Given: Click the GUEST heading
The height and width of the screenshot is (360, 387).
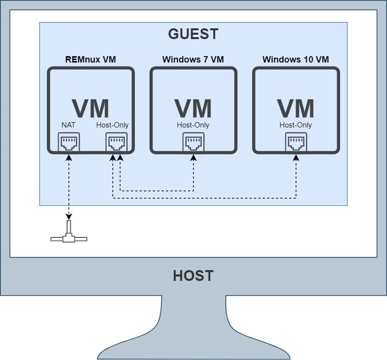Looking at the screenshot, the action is pos(193,34).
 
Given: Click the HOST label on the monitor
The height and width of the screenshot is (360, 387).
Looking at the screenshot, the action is pos(193,275).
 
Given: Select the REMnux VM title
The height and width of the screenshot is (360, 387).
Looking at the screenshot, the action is pos(90,60).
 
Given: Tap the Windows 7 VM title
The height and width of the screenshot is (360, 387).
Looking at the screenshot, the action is pos(193,60).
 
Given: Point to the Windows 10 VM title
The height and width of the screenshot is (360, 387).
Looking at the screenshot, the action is pos(296,60).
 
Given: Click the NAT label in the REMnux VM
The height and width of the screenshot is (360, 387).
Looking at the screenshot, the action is pos(68,125).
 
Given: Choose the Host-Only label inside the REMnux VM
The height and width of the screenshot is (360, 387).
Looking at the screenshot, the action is pos(112,125).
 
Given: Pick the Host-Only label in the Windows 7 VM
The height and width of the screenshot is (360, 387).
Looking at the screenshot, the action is pos(193,125).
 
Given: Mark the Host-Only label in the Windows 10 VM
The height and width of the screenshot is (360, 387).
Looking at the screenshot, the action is pos(296,125).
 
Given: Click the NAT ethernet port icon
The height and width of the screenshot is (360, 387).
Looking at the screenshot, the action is pos(69,142).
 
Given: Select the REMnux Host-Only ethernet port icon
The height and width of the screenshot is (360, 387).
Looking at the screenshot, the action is pos(117,142).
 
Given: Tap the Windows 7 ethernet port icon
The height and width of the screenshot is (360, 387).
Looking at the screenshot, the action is pos(193,142).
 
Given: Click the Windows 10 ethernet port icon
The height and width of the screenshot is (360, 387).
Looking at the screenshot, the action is pos(296,142).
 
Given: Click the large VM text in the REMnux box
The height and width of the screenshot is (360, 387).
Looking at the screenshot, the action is pos(90,108).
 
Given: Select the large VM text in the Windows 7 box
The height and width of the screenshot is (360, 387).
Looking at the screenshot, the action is pos(193,108).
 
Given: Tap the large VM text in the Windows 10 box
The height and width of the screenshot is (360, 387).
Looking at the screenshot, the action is pos(296,108).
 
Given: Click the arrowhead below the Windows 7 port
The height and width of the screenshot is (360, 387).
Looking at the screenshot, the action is pos(193,158).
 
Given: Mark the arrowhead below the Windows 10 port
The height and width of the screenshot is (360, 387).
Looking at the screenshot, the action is pos(296,158).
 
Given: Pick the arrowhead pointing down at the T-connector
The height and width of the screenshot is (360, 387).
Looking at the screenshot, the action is pos(69,217).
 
